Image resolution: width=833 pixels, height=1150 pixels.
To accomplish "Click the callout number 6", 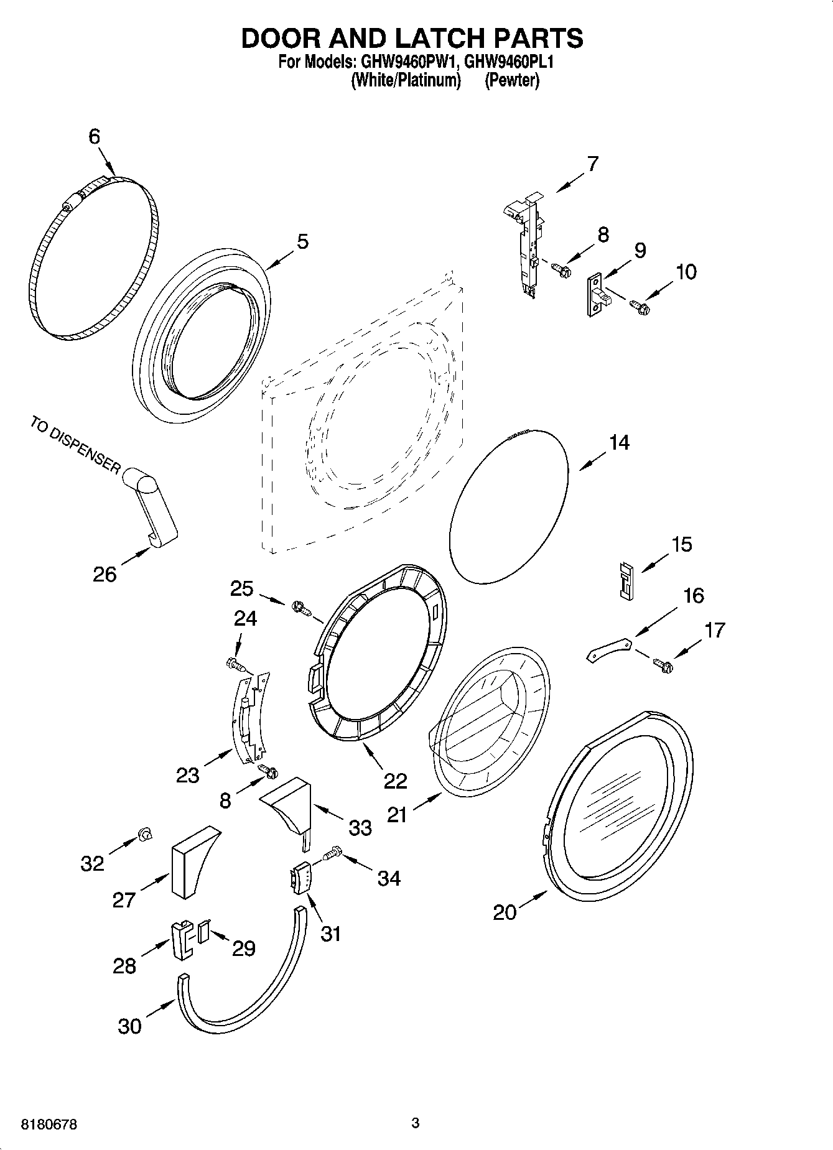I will [x=94, y=136].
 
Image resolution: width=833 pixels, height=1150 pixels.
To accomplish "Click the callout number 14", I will [x=619, y=443].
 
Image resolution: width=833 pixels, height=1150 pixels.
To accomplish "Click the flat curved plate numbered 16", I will [x=609, y=649].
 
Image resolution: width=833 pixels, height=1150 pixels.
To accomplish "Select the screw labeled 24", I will [x=236, y=664].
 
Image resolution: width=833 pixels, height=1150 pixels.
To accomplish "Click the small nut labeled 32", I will [x=144, y=835].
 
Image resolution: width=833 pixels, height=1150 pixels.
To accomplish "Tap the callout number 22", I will [x=395, y=781].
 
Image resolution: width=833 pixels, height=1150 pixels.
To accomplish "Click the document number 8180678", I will [x=49, y=1124].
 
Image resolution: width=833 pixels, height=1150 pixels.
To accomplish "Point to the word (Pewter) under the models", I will [x=512, y=80].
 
